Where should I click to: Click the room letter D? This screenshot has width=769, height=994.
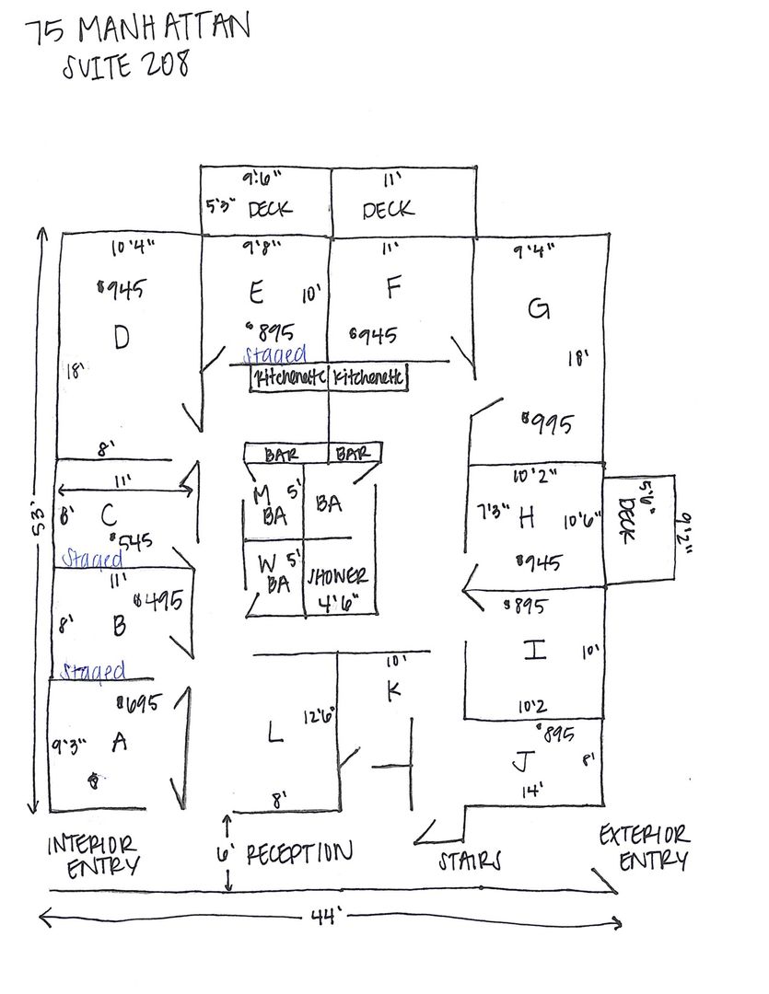tap(122, 339)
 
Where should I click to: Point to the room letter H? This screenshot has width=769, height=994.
tap(527, 518)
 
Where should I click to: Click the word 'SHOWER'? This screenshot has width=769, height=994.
tap(340, 577)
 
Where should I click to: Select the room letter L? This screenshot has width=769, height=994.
tap(274, 734)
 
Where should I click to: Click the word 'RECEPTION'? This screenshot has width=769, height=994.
tap(298, 853)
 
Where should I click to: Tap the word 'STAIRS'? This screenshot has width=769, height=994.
tap(470, 862)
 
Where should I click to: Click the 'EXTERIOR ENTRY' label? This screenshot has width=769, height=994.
tap(644, 848)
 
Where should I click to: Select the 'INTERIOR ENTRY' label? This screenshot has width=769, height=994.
tap(93, 854)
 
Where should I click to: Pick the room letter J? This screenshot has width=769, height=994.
tap(524, 762)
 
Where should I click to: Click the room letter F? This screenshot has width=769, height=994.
tap(393, 289)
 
